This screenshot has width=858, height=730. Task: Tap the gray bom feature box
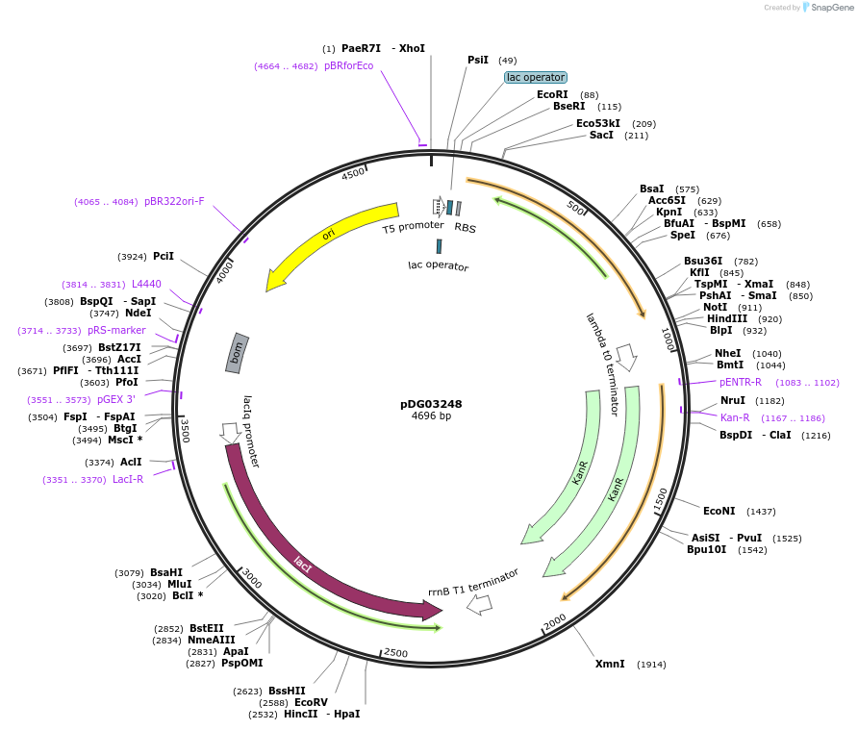237,353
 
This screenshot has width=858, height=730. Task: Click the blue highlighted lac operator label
536,77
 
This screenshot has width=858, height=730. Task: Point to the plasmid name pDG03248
431,404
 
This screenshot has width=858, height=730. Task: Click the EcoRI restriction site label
552,94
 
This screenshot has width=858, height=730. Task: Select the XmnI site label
610,664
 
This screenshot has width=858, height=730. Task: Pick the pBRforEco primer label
348,66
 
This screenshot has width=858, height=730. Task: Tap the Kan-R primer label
735,417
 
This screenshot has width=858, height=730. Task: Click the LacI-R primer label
128,479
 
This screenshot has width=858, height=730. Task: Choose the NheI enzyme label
728,353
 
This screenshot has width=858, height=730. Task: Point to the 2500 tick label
396,653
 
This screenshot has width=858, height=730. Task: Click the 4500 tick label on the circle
354,173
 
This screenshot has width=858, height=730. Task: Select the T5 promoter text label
414,227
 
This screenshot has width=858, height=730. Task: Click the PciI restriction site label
164,256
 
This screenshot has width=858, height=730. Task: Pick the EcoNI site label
719,511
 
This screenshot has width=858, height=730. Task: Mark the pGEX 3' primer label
116,399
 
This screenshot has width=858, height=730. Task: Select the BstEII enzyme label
206,628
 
